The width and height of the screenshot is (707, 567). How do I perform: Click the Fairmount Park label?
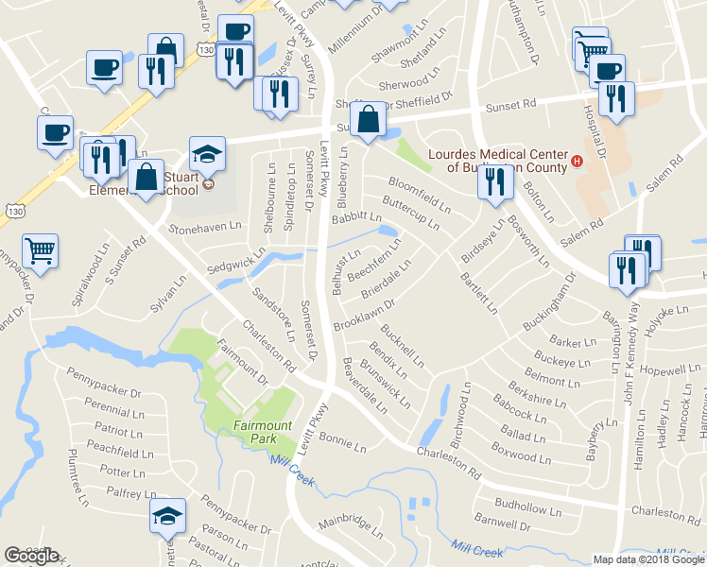pyautogui.click(x=261, y=433)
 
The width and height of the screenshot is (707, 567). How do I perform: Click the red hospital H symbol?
pyautogui.click(x=576, y=166)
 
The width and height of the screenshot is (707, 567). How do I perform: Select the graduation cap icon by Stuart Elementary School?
pyautogui.click(x=207, y=154)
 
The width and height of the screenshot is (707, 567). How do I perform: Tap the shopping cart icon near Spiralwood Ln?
pyautogui.click(x=41, y=251)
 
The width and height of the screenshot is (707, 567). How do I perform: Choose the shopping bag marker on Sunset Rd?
pyautogui.click(x=367, y=121)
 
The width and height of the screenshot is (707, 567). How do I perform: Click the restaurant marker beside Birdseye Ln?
pyautogui.click(x=494, y=184)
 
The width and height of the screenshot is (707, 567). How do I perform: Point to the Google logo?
pyautogui.click(x=31, y=557)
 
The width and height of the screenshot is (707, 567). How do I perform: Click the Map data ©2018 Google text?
pyautogui.click(x=649, y=559)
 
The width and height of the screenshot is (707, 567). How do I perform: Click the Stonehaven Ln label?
pyautogui.click(x=205, y=229)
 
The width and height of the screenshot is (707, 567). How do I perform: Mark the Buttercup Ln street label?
pyautogui.click(x=410, y=213)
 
